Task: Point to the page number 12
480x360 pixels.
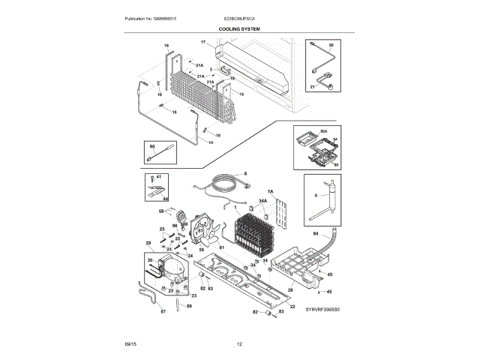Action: pos(240,343)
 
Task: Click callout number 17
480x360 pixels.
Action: pos(202,43)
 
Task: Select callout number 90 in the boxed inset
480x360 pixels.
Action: pos(152,146)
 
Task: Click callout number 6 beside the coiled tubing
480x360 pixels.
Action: pos(244,173)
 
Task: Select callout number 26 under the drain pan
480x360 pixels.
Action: pos(290,290)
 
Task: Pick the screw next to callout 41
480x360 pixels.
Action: pos(152,179)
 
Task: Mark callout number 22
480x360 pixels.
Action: pos(292,306)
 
